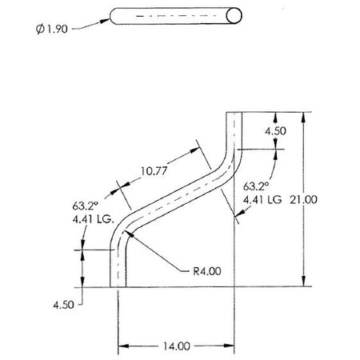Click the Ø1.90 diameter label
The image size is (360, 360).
(x=52, y=29)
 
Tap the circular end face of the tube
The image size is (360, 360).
(x=234, y=16)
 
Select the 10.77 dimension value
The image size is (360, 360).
(x=154, y=170)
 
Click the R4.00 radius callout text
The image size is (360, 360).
(x=207, y=271)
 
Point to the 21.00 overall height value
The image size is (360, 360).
(x=304, y=199)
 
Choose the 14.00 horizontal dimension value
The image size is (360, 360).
(x=177, y=346)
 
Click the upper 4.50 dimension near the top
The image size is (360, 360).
(x=275, y=131)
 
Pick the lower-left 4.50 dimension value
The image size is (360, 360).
(x=63, y=305)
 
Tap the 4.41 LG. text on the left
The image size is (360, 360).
(x=94, y=219)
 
